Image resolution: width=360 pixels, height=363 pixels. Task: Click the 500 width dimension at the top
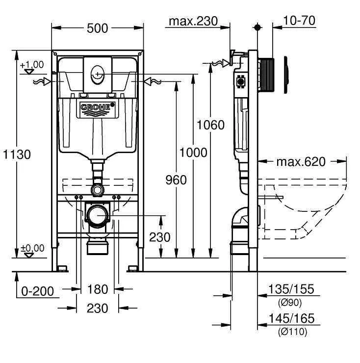(98, 28)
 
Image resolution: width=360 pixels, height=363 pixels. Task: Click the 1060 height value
(210, 125)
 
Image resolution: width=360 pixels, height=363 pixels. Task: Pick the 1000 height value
(193, 153)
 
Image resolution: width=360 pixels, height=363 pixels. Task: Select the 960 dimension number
(175, 180)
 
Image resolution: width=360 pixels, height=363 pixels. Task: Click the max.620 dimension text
(300, 161)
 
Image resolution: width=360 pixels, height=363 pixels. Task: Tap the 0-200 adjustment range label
(38, 291)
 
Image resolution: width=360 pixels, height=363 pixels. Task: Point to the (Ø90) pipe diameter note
(290, 302)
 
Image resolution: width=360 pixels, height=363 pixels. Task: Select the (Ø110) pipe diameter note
(292, 332)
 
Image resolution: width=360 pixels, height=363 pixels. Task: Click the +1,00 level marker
(32, 65)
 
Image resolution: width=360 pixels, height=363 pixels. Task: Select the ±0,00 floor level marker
(32, 248)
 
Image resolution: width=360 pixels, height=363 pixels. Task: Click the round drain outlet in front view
(97, 215)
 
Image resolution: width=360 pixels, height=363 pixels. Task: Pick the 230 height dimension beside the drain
(159, 237)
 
